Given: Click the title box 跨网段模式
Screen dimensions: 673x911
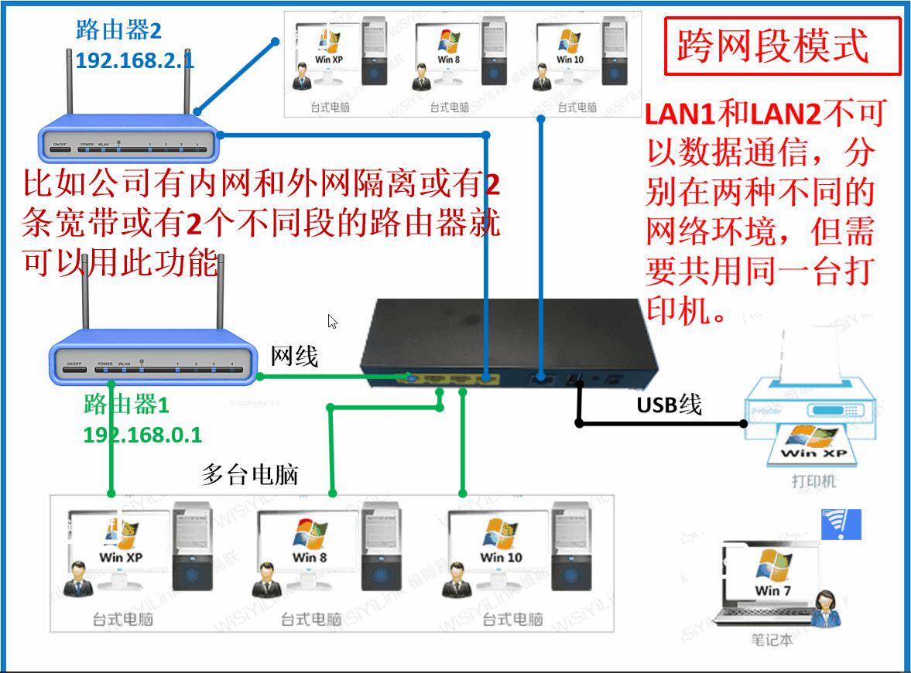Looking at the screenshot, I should click(x=783, y=46).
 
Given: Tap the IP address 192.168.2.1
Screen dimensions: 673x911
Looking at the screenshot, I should click(x=135, y=61).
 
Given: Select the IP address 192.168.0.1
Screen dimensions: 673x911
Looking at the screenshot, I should click(x=142, y=435).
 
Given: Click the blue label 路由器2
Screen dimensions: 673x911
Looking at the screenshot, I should click(x=118, y=31).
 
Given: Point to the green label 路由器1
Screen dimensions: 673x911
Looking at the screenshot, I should click(x=126, y=404).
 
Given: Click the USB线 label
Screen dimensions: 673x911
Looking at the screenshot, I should click(x=669, y=404).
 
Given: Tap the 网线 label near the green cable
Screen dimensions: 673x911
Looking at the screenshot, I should click(x=294, y=357).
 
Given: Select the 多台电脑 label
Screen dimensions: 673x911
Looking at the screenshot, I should click(x=250, y=473).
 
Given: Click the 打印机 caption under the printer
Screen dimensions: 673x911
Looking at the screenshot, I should click(x=813, y=482).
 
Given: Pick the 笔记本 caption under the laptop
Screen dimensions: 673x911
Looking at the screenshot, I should click(x=772, y=640).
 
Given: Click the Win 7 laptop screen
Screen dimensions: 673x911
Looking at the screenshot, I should click(x=769, y=576).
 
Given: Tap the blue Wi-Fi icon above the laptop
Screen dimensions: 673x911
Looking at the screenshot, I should click(x=841, y=524).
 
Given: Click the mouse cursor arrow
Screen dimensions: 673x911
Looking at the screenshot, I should click(x=332, y=321).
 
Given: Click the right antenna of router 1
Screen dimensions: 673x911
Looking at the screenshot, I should click(x=221, y=298).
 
